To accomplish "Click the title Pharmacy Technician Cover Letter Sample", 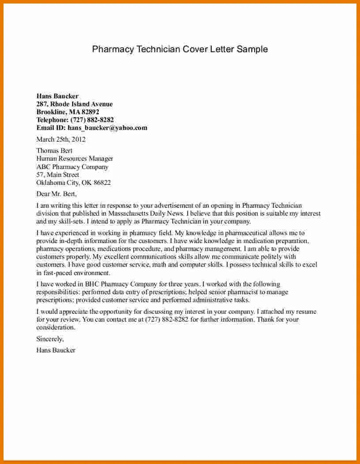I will [x=180, y=49].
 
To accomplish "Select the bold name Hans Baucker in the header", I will [x=57, y=96].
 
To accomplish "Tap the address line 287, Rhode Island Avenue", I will [x=74, y=104].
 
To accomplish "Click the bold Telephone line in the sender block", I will [x=75, y=120].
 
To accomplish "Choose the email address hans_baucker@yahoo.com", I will [x=107, y=128].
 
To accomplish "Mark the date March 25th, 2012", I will [x=61, y=139].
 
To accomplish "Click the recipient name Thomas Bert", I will [x=54, y=150].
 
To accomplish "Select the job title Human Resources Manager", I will [x=75, y=158].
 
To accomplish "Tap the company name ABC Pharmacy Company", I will [x=72, y=167].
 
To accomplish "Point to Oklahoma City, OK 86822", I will [x=73, y=183].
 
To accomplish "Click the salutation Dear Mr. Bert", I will [x=56, y=194].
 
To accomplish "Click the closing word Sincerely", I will [x=50, y=339].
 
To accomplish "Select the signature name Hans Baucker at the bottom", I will [x=56, y=350].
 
